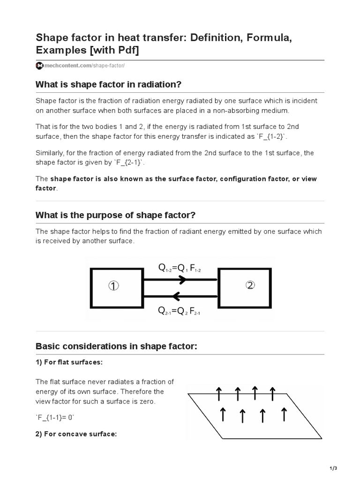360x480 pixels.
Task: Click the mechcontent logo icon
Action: (x=39, y=66)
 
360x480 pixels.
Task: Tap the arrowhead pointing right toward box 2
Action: (x=182, y=279)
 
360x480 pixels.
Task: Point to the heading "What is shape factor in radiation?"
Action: (x=108, y=84)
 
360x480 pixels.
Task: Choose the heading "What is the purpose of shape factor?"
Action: (x=115, y=215)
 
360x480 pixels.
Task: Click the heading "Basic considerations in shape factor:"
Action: (x=116, y=346)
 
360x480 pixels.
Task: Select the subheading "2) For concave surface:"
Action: (x=76, y=434)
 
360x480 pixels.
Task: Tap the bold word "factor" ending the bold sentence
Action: (x=46, y=188)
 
